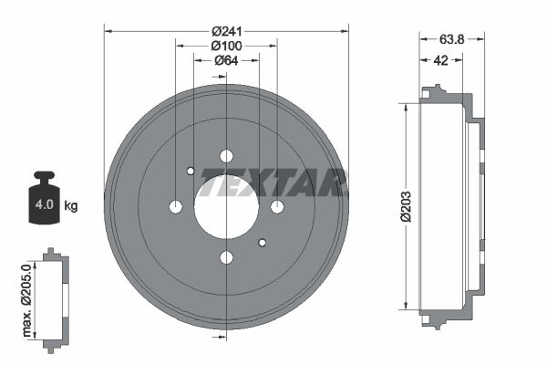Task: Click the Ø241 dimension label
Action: click(226, 29)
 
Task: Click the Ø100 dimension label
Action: click(226, 45)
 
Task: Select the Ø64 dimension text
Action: click(226, 60)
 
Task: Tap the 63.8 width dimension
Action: click(453, 39)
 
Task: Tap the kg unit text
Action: click(71, 206)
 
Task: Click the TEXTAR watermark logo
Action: click(273, 182)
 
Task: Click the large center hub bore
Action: click(226, 206)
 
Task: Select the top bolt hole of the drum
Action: click(226, 156)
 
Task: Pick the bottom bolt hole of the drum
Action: click(226, 257)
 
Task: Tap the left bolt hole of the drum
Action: click(176, 207)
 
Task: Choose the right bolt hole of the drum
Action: click(277, 207)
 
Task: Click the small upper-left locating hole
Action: click(191, 171)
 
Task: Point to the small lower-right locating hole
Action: click(263, 243)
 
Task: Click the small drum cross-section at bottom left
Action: click(57, 297)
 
